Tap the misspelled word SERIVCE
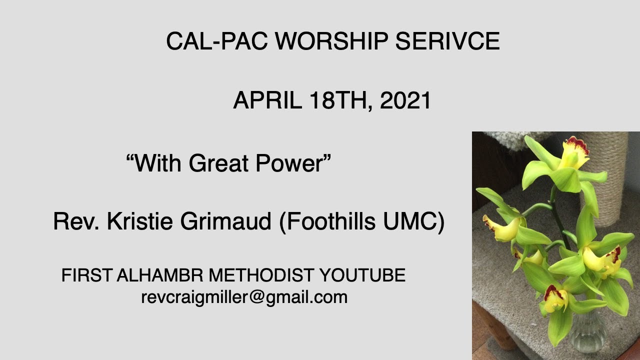click(447, 41)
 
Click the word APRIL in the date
click(267, 100)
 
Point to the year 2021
click(405, 100)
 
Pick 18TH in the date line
click(340, 100)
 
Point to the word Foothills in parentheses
click(332, 222)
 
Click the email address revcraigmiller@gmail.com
click(244, 297)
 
